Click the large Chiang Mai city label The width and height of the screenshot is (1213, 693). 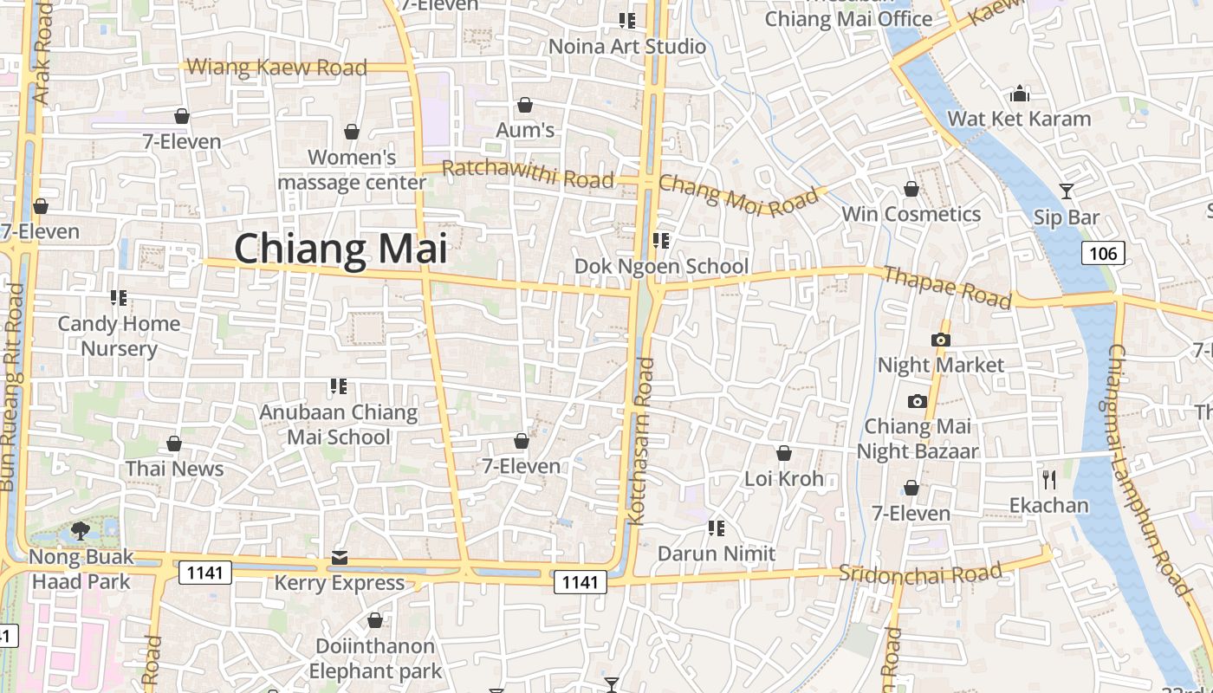[341, 249]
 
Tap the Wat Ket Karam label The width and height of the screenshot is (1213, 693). [1019, 119]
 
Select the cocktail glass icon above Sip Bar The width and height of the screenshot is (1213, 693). [1066, 191]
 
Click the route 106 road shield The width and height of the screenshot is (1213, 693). [1103, 253]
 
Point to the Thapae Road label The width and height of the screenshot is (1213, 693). [946, 287]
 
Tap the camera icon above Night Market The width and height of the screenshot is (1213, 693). [941, 340]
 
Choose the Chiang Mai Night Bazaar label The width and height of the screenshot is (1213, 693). [918, 438]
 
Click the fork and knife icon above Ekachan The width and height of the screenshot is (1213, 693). [1049, 479]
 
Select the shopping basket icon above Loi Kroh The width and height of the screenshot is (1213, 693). [783, 453]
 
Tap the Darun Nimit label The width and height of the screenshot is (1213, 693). [717, 554]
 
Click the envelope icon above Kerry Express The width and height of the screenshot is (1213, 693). [340, 557]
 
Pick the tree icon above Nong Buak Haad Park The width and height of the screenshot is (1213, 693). [81, 530]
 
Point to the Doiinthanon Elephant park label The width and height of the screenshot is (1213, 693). [375, 658]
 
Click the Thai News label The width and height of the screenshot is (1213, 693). [174, 469]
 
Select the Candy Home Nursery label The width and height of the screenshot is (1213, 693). [119, 336]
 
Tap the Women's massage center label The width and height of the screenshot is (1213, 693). [352, 170]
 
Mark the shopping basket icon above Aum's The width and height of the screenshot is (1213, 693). [524, 106]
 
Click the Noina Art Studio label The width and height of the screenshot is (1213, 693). [627, 46]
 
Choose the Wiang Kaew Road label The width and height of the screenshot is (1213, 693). [276, 67]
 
